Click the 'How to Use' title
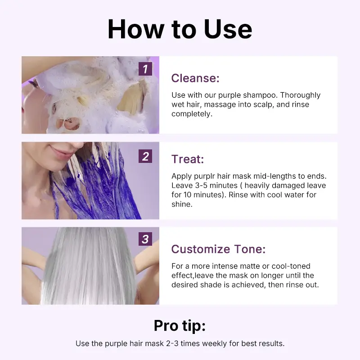coord(180,29)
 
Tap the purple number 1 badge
coord(145,69)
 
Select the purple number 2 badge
coord(145,156)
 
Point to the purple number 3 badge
coord(145,239)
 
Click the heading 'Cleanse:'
coord(195,78)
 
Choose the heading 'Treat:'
coord(188,159)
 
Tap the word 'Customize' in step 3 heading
coord(201,249)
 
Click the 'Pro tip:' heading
coord(180,326)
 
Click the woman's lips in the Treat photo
coord(59,152)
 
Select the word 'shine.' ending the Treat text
coord(182,204)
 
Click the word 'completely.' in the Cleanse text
coord(192,114)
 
